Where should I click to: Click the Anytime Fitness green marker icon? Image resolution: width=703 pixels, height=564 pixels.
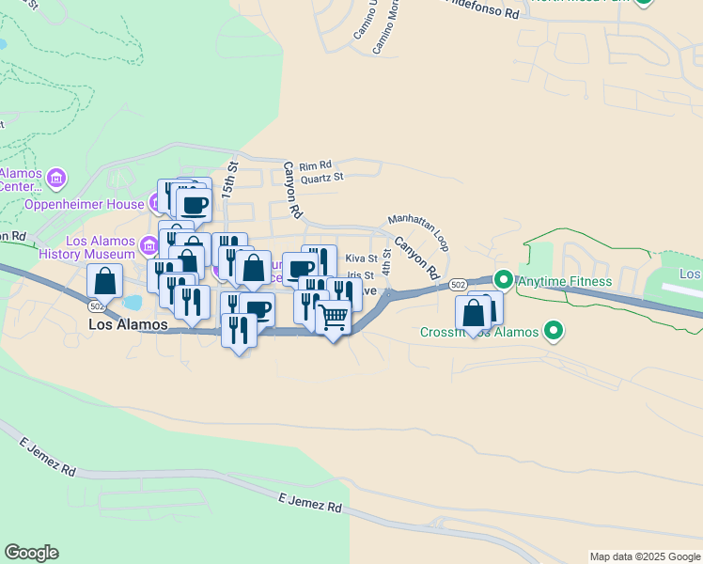(504, 279)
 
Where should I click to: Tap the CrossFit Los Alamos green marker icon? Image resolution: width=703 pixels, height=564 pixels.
(554, 331)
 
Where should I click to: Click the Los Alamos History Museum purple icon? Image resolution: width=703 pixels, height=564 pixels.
(148, 246)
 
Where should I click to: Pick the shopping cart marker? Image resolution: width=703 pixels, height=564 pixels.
(333, 319)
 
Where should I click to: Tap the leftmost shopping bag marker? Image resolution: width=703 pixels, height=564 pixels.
(104, 280)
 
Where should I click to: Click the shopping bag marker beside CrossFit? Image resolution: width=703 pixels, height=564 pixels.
(474, 313)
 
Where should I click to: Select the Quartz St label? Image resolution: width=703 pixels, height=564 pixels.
(321, 176)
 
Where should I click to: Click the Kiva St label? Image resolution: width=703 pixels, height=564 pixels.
(361, 258)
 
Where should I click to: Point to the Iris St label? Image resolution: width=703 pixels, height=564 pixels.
(361, 275)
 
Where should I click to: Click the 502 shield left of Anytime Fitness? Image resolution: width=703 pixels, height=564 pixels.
(458, 285)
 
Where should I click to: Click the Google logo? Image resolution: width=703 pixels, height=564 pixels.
(31, 553)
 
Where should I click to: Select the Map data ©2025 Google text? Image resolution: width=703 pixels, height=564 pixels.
(645, 556)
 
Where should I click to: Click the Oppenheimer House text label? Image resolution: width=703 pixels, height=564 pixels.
(84, 203)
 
